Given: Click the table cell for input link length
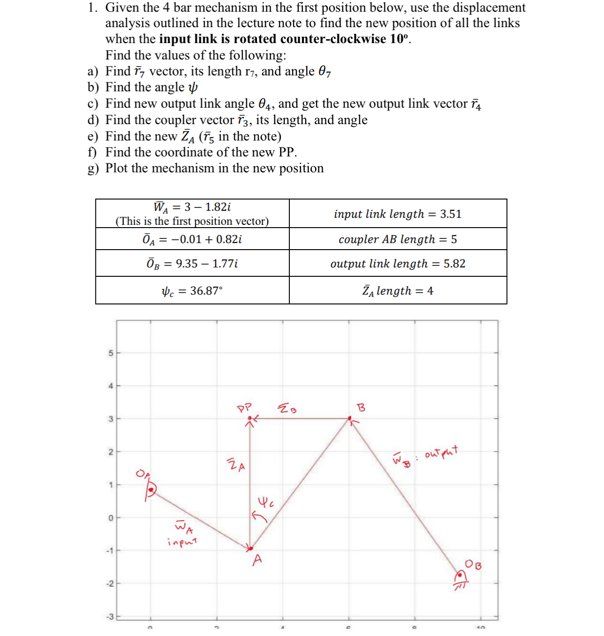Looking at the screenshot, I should tap(398, 214).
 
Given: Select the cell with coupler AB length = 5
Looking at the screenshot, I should tap(398, 239).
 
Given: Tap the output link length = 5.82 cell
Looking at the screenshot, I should tap(398, 264).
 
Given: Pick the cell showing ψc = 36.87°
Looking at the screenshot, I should tap(192, 291).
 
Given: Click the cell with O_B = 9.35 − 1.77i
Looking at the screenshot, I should tap(192, 264).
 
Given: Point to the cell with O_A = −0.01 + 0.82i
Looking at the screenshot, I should tap(192, 239).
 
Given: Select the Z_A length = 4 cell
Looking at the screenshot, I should tap(398, 291).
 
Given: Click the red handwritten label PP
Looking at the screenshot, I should tap(244, 407).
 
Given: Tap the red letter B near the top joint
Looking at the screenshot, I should tap(361, 407).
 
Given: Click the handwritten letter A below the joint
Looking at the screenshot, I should tap(257, 560).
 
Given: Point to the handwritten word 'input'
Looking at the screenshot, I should tap(182, 542).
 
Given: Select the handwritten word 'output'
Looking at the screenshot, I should tap(441, 453).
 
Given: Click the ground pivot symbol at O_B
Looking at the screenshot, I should tap(460, 577).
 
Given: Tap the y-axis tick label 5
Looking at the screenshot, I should tap(111, 353).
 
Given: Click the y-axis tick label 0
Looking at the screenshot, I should tap(111, 518).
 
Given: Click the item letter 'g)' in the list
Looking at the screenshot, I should tap(93, 169).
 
